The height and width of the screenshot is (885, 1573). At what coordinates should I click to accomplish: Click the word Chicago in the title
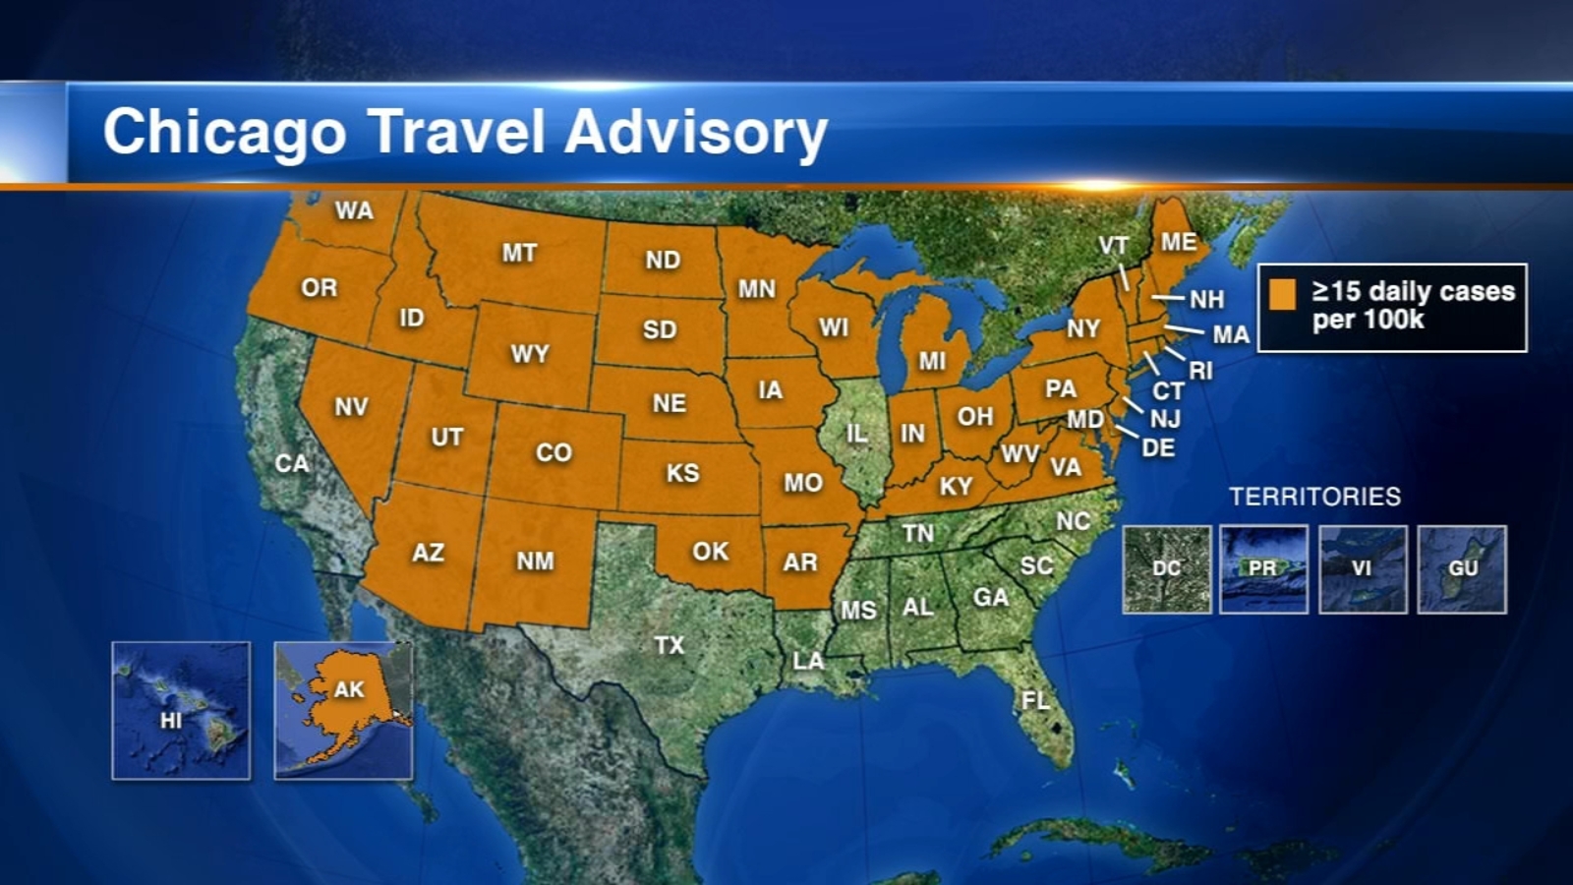224,133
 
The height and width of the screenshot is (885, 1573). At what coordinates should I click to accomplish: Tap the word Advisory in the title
696,133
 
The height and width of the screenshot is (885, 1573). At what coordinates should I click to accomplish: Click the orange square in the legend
1282,294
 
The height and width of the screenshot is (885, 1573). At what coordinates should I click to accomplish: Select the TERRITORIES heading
1314,497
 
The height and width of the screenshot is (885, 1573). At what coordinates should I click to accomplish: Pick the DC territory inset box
1167,569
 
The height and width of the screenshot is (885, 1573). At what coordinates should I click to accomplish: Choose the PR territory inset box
1263,569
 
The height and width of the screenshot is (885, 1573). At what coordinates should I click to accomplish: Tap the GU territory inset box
1462,569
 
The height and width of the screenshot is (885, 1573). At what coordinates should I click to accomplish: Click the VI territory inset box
1363,569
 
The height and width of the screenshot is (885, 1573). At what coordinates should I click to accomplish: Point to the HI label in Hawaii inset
171,721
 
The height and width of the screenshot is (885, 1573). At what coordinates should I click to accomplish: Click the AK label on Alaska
349,689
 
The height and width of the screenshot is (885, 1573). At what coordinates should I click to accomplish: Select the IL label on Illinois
857,433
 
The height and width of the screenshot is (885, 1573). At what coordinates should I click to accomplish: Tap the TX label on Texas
669,645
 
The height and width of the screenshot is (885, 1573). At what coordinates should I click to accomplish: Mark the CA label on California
291,463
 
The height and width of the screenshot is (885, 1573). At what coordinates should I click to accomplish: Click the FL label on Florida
1035,700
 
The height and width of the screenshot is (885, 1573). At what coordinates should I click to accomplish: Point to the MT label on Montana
519,253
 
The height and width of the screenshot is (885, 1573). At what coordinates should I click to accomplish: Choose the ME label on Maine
1179,242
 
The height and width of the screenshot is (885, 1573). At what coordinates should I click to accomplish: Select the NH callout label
1206,299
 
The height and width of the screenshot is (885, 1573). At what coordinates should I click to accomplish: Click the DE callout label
1158,448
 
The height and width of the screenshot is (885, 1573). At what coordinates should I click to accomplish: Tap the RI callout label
1200,371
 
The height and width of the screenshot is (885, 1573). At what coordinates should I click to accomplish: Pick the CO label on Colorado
553,452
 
